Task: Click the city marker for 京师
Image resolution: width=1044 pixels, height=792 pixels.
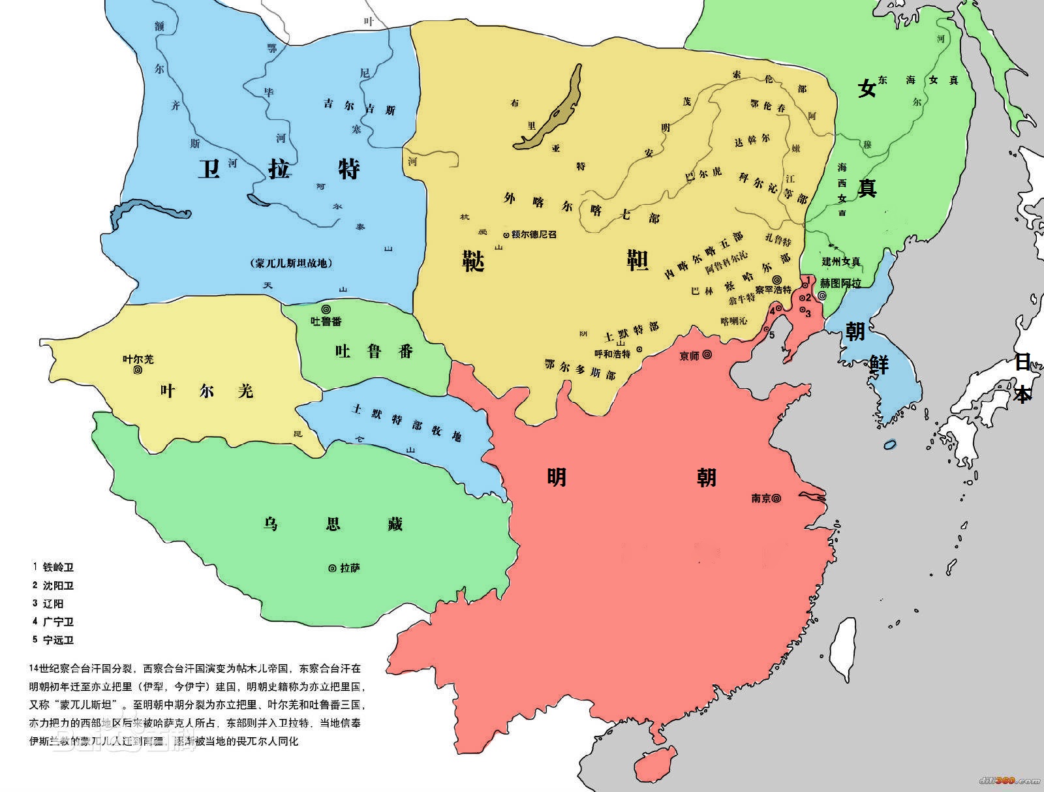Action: [x=707, y=355]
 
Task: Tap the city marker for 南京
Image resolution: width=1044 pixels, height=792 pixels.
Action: [x=776, y=498]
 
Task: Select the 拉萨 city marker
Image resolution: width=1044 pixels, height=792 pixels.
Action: [x=332, y=568]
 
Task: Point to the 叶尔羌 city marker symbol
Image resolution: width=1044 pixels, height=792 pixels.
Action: [x=138, y=370]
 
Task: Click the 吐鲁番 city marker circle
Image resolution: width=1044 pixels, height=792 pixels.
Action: [x=326, y=309]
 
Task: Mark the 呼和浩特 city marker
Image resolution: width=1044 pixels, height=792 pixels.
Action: [x=639, y=349]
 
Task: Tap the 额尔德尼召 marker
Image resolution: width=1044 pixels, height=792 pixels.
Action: [x=506, y=235]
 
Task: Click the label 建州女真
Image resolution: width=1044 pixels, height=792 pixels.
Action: [x=841, y=262]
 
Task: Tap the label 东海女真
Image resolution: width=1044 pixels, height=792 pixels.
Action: [x=918, y=80]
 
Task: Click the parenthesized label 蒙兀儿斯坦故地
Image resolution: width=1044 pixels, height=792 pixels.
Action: [x=291, y=264]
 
